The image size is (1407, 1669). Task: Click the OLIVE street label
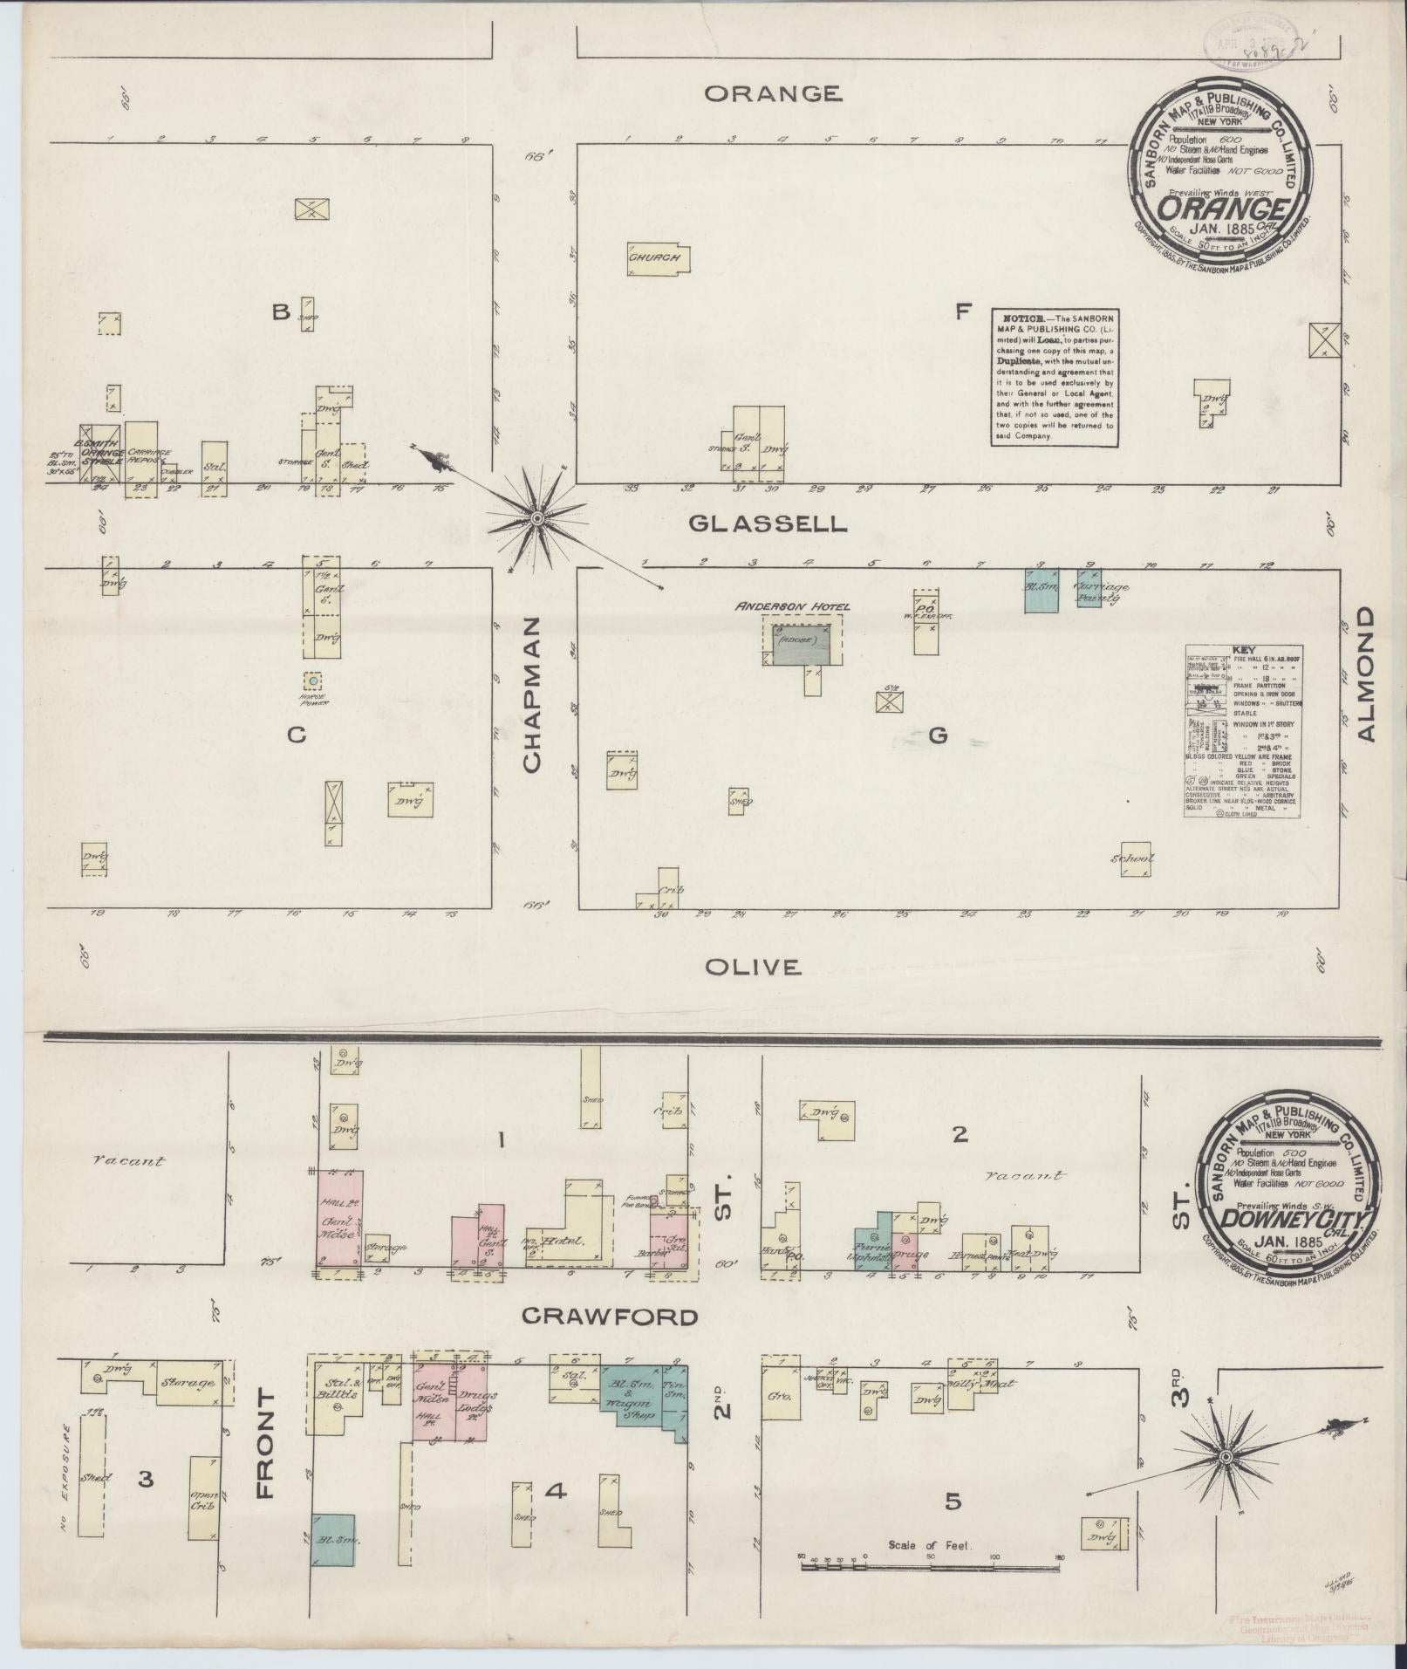click(751, 967)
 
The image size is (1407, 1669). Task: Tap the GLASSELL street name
click(767, 523)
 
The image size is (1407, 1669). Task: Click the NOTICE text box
click(1054, 379)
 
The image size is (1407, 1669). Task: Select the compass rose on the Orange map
click(537, 519)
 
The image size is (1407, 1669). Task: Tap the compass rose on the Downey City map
click(1225, 1458)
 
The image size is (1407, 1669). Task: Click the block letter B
click(280, 311)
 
